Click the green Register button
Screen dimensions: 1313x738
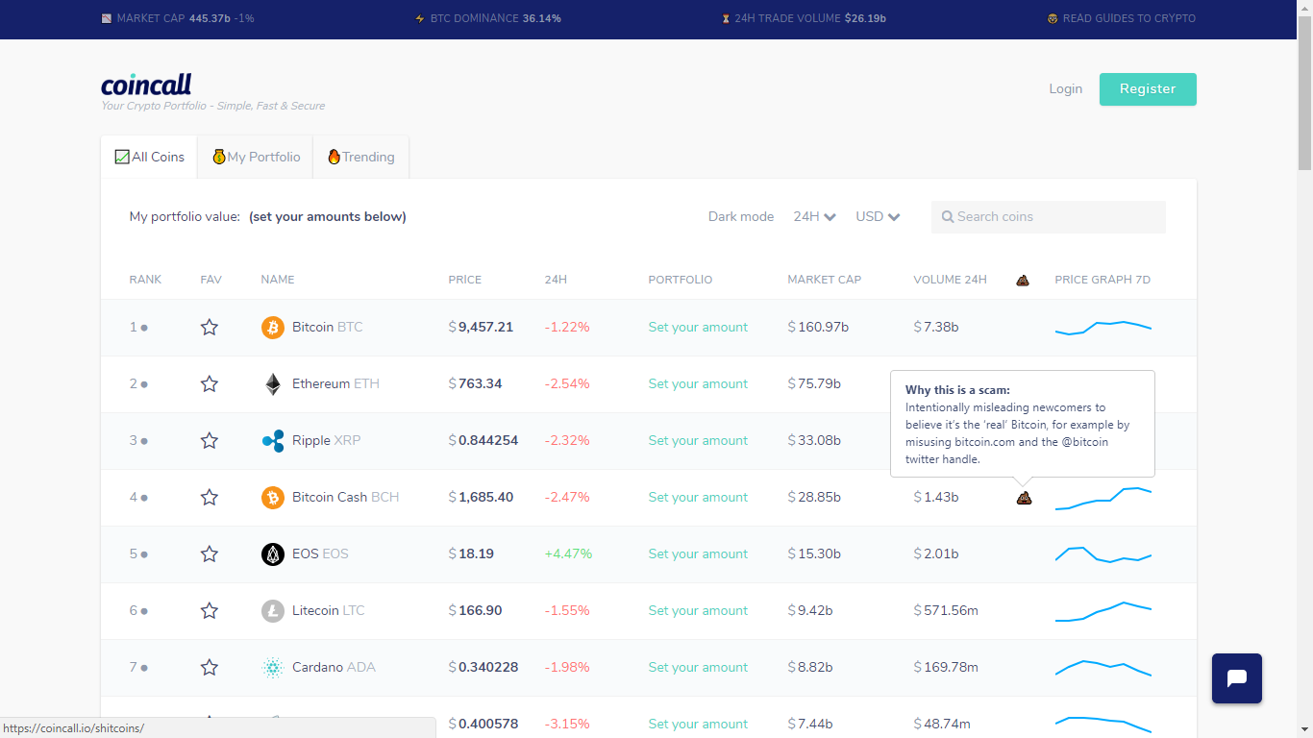1147,89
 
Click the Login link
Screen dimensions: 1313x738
1065,89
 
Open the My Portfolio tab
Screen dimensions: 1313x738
256,157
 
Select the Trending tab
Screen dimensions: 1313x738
361,157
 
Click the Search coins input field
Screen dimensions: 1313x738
1048,217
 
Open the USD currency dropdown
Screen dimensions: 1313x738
878,217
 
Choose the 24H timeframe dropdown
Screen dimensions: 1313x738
814,217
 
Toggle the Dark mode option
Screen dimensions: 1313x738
741,217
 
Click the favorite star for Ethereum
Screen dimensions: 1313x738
210,384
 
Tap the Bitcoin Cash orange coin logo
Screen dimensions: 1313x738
273,497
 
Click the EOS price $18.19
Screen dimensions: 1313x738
471,553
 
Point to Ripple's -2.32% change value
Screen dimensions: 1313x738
567,441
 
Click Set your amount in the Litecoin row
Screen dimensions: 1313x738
698,611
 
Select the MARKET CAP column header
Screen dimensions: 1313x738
824,280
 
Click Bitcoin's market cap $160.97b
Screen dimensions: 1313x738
818,327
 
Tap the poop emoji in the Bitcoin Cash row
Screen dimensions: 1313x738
1024,498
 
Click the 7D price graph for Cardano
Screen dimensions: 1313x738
1103,668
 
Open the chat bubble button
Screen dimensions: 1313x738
1237,678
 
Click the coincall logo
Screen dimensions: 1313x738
146,85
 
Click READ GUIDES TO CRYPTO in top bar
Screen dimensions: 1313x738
1122,19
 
